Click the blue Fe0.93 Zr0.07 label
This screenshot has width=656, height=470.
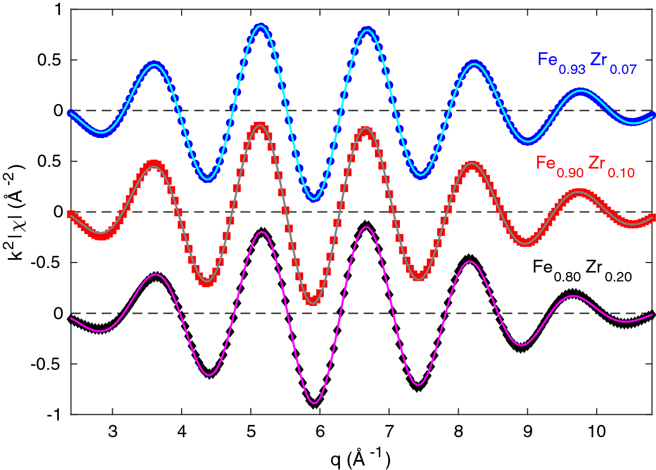586,61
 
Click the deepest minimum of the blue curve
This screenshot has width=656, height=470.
314,197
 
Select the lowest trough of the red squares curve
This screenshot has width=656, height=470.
313,300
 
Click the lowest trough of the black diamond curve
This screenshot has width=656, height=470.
316,403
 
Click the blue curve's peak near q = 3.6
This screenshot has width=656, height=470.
154,65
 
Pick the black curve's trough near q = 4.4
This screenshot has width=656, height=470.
209,373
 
